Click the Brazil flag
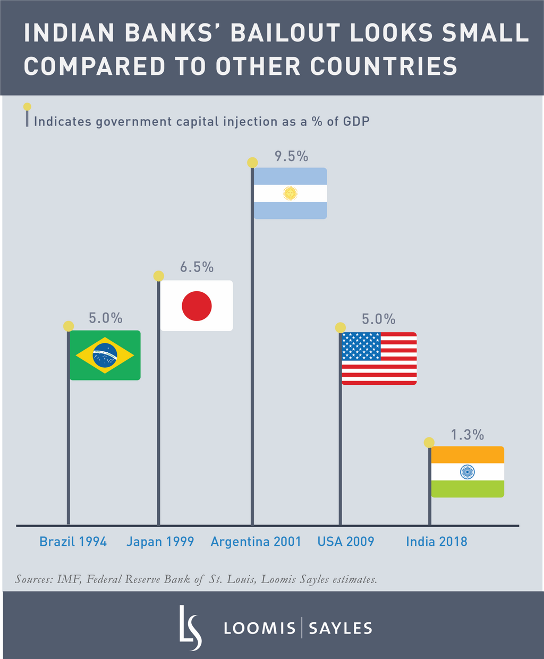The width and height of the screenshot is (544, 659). [x=105, y=355]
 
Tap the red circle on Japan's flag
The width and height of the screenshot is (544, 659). [x=197, y=306]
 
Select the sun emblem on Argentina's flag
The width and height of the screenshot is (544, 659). [x=290, y=193]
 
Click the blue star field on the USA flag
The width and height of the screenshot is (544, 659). [x=361, y=346]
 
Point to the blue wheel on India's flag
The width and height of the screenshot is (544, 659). [x=467, y=471]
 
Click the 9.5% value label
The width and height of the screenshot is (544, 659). [x=291, y=156]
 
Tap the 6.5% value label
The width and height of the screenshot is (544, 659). [x=197, y=267]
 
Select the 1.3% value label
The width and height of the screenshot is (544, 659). [x=467, y=435]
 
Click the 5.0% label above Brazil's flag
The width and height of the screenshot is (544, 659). [x=105, y=318]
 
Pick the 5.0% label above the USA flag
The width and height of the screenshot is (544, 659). [x=378, y=319]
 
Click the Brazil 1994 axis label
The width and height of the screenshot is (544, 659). [x=73, y=542]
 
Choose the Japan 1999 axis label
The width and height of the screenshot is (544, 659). [x=160, y=542]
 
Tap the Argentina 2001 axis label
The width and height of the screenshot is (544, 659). [x=256, y=542]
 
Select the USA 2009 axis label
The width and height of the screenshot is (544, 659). [x=346, y=542]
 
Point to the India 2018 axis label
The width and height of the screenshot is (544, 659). [x=437, y=542]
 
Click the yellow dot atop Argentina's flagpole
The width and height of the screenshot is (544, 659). [x=253, y=163]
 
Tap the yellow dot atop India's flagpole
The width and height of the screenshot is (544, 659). [x=429, y=443]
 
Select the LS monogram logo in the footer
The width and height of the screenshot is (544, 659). [x=190, y=627]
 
